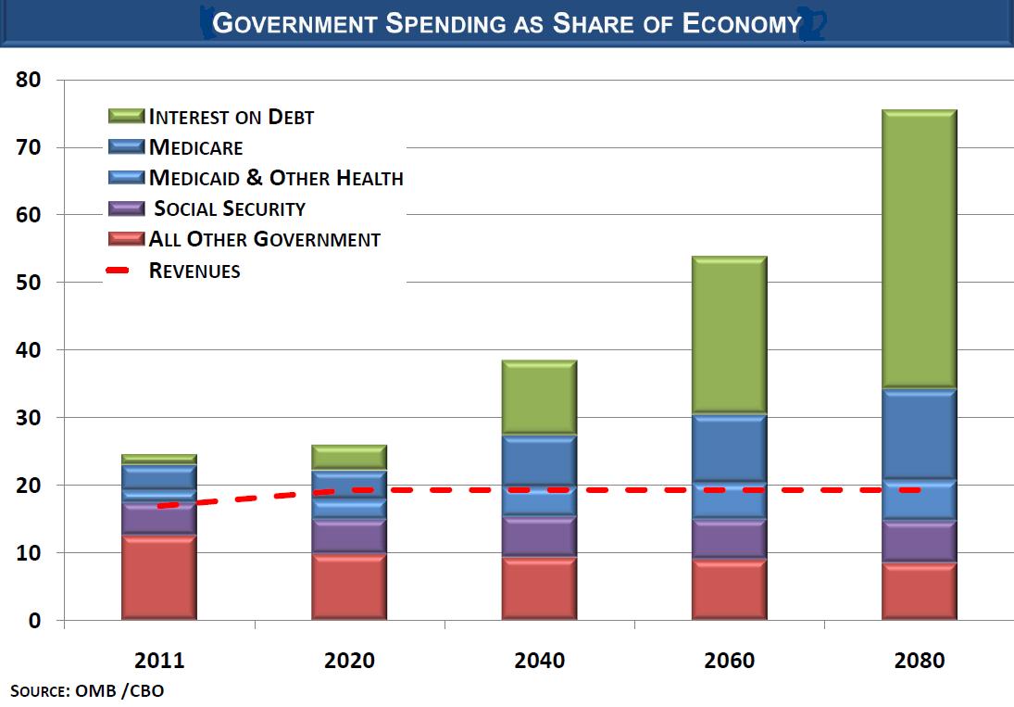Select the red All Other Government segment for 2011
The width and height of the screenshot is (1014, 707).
tap(158, 577)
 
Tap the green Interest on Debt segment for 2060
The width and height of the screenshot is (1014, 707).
tap(729, 335)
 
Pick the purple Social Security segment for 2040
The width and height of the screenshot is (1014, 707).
tap(539, 536)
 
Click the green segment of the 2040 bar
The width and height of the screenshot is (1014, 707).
tap(539, 398)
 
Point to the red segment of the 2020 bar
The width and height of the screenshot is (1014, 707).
tap(349, 587)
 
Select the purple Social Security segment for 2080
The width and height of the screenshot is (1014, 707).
tap(919, 541)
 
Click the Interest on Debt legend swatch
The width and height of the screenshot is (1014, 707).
tap(127, 117)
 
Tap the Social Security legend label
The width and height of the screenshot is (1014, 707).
tap(230, 208)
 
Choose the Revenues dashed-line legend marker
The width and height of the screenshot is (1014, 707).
tap(127, 271)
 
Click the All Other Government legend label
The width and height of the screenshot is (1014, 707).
tap(265, 239)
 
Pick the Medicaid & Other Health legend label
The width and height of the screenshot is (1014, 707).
tap(276, 178)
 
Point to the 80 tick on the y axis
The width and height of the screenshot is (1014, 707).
tap(29, 80)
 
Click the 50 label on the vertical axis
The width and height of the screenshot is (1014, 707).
tap(29, 283)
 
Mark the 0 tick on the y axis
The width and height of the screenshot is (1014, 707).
tap(34, 621)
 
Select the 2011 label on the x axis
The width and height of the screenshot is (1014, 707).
tap(159, 661)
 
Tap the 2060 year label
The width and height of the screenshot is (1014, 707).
tap(729, 661)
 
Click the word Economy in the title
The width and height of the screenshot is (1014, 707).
tap(741, 24)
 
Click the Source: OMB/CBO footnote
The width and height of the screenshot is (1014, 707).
tap(88, 690)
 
